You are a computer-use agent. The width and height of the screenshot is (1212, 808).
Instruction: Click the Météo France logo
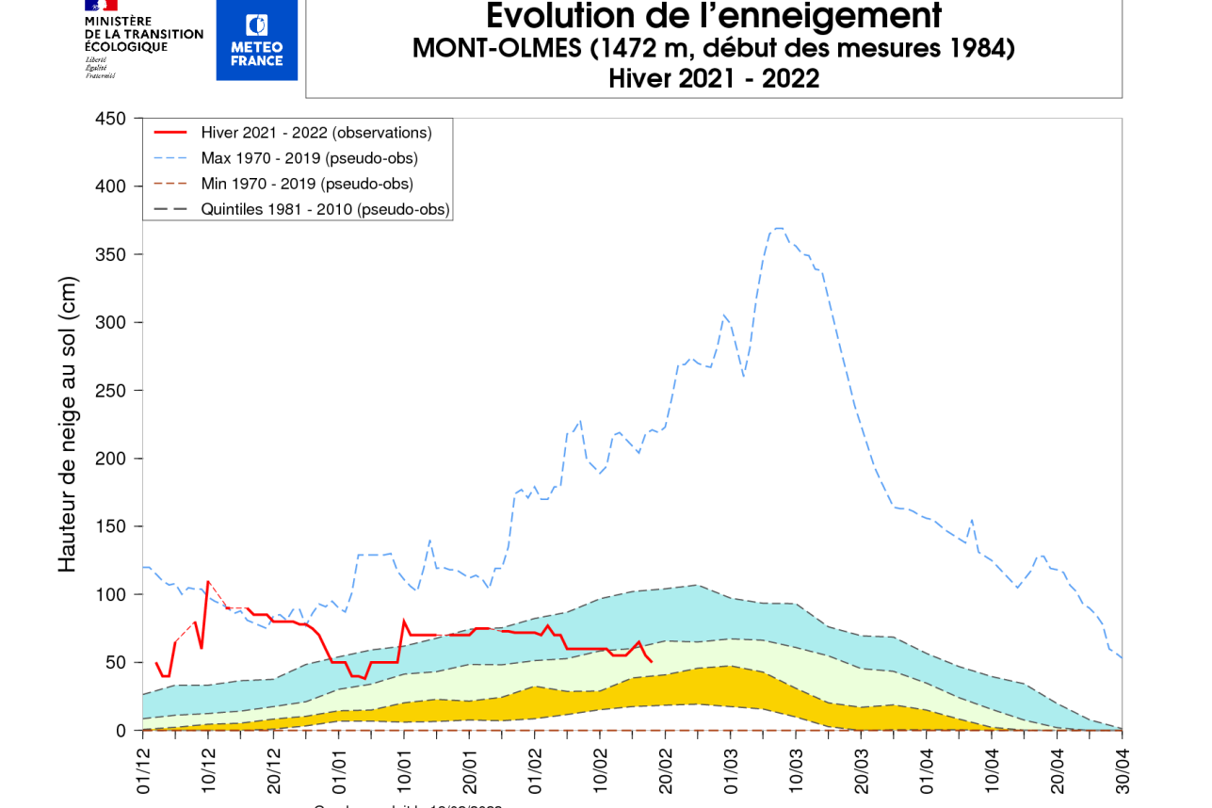tap(256, 40)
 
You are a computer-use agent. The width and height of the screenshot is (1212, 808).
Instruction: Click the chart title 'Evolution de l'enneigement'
tap(713, 16)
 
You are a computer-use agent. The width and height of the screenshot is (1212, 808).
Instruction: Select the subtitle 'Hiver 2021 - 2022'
tap(713, 79)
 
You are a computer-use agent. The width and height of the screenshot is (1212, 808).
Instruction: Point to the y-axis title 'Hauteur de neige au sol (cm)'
tap(67, 424)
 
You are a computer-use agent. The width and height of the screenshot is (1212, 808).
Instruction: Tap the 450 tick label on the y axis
tap(111, 119)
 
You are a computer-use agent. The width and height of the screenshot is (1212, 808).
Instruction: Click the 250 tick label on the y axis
tap(111, 391)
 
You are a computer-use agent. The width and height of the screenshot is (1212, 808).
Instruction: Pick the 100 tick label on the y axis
tap(111, 595)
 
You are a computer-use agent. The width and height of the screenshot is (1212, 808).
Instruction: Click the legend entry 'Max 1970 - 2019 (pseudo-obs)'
tap(309, 158)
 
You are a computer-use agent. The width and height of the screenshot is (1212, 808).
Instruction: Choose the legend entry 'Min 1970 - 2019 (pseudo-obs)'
tap(307, 184)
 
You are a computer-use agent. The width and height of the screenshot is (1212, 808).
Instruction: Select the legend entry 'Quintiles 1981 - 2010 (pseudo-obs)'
tap(325, 209)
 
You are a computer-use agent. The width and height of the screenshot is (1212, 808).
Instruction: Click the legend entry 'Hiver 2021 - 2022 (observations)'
tap(316, 133)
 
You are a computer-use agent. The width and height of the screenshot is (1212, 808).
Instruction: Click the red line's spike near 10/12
tap(208, 582)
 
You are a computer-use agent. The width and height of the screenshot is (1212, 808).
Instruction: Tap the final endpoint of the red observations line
tap(651, 662)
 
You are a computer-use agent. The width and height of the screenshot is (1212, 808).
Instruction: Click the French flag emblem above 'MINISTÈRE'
tap(101, 5)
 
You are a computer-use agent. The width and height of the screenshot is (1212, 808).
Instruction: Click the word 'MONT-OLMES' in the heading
tap(496, 48)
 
